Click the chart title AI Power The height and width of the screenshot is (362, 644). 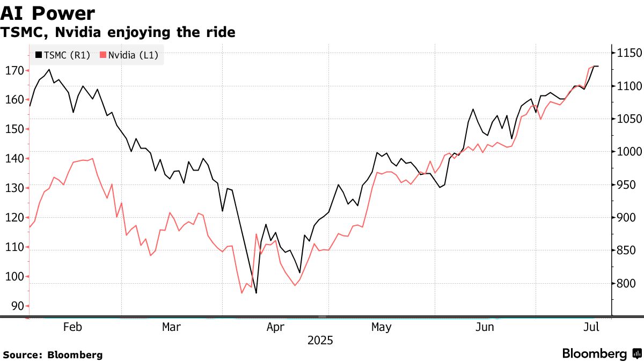tap(48, 13)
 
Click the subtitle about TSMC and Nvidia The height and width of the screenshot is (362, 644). tap(118, 32)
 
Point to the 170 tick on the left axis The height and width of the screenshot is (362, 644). tap(14, 70)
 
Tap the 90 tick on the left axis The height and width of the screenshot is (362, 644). tap(17, 306)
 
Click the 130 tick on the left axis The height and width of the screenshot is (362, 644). tap(14, 188)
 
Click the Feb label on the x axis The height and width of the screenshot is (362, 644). tap(72, 327)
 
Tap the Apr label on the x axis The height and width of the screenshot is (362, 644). tap(275, 327)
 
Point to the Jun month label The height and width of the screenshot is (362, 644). tap(485, 327)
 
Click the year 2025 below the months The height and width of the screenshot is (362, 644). tap(320, 341)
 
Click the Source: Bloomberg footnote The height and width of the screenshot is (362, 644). tap(53, 354)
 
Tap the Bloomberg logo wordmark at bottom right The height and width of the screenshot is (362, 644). tap(595, 354)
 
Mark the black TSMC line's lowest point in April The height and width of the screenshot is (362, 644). tap(256, 293)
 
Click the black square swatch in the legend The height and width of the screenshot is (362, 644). tap(38, 55)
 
